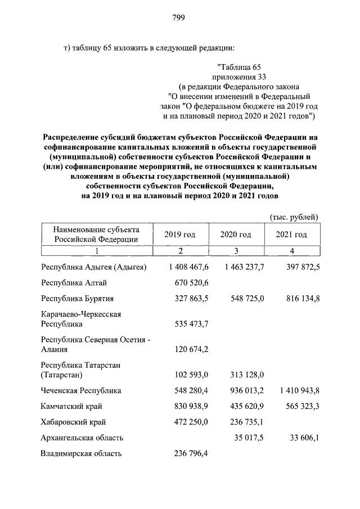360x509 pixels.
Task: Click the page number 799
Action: click(179, 17)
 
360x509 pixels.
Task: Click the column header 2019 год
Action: click(179, 235)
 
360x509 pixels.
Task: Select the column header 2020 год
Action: click(236, 235)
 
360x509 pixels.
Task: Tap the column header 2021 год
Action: click(291, 235)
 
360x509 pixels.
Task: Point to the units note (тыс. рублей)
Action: click(294, 217)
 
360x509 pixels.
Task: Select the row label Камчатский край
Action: click(72, 406)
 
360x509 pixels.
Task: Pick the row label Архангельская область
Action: click(82, 437)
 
